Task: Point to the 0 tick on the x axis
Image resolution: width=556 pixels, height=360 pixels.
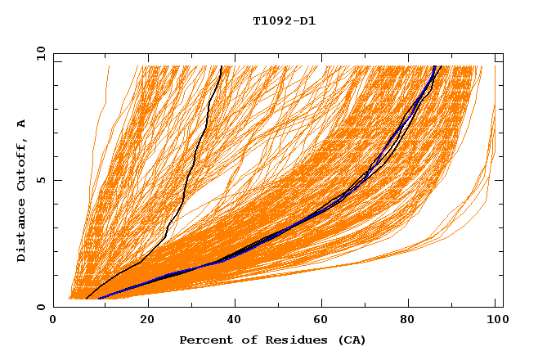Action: (x=53, y=322)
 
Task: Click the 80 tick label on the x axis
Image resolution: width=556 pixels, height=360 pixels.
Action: (x=413, y=322)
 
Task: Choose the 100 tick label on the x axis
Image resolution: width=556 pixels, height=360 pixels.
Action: (x=495, y=322)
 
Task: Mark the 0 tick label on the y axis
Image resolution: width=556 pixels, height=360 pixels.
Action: (x=42, y=307)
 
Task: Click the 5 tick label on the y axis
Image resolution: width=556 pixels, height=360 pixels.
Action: (x=42, y=180)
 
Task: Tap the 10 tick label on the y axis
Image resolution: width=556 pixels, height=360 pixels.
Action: (x=38, y=53)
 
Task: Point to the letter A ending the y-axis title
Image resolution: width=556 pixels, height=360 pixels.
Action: (x=21, y=123)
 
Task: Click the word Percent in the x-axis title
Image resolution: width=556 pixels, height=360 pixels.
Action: (x=204, y=340)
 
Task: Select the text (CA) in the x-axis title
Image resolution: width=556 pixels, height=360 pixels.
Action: (x=349, y=340)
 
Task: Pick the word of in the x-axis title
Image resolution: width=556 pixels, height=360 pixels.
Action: (x=244, y=340)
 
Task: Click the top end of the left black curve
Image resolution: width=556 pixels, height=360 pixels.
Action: (x=221, y=65)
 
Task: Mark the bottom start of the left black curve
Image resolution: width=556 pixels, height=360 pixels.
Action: (x=87, y=299)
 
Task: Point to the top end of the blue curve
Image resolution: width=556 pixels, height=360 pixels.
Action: (x=435, y=65)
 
